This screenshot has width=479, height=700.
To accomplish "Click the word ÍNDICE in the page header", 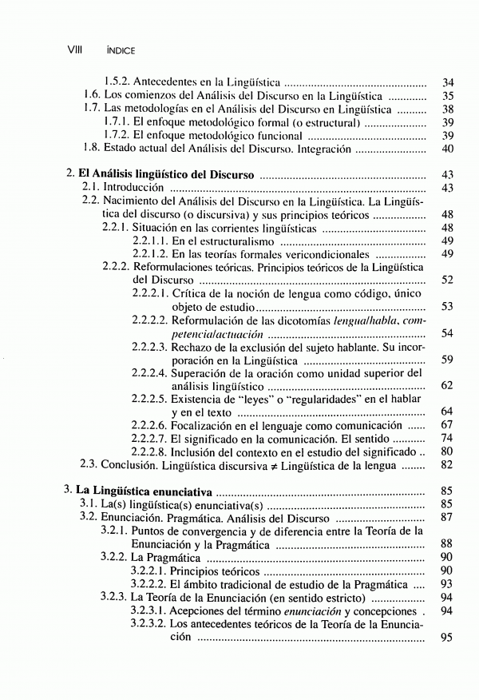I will [119, 50].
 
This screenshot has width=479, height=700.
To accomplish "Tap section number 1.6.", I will [92, 96].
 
